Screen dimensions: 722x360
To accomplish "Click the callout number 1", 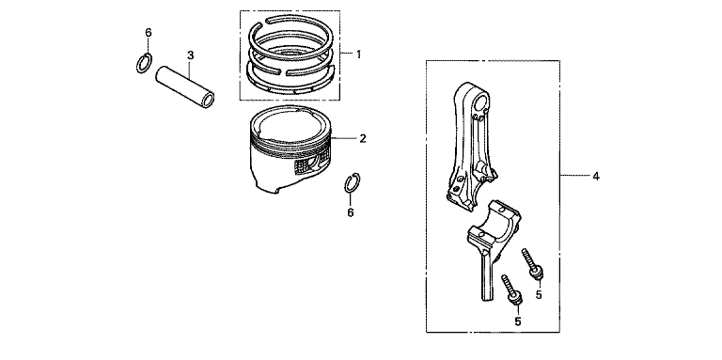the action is [x=358, y=55].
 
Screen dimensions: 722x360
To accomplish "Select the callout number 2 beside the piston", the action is [x=363, y=138].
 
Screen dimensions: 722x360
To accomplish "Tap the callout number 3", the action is [x=190, y=55].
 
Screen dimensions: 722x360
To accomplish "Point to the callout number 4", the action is [x=596, y=176].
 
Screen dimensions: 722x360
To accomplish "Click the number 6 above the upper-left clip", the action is [x=148, y=32].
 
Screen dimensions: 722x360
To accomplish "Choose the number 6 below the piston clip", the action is [x=351, y=212].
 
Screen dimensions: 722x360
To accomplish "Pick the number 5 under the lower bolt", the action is [x=518, y=321].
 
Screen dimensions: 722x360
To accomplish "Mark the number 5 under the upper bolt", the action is [x=539, y=294].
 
